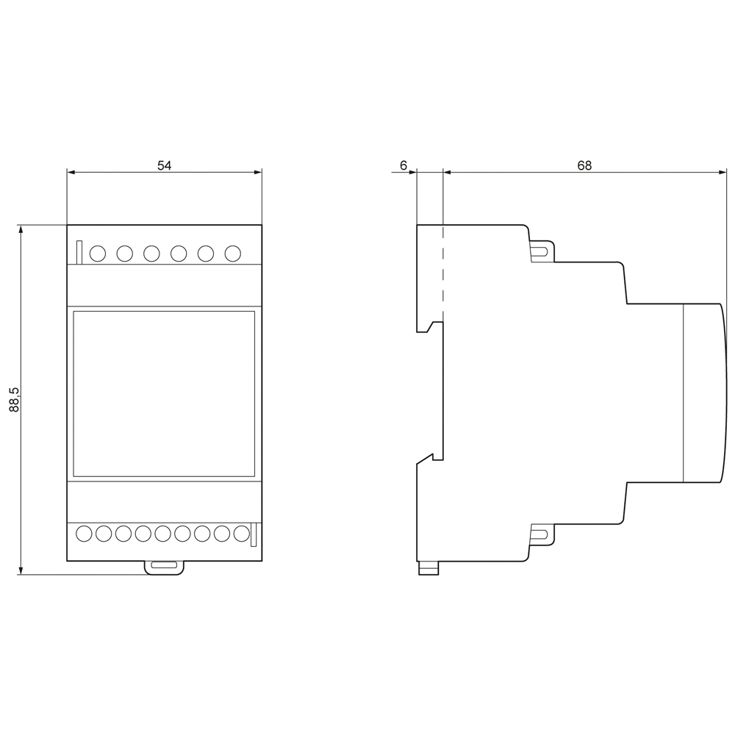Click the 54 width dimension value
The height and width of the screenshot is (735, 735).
pyautogui.click(x=164, y=165)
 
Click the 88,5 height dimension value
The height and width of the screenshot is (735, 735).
pyautogui.click(x=15, y=400)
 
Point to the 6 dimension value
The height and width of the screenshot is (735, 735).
pyautogui.click(x=404, y=165)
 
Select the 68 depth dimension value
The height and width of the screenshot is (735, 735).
pyautogui.click(x=584, y=165)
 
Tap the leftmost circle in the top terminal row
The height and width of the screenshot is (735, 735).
pyautogui.click(x=98, y=254)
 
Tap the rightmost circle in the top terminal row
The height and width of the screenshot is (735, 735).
pyautogui.click(x=233, y=254)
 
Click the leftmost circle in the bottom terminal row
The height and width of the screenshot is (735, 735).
pyautogui.click(x=84, y=534)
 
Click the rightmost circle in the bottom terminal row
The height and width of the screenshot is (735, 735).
pyautogui.click(x=241, y=534)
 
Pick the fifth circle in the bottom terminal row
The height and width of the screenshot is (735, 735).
pyautogui.click(x=162, y=534)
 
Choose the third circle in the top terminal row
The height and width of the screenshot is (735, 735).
pyautogui.click(x=151, y=254)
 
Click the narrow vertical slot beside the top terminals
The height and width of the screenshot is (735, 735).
pyautogui.click(x=79, y=252)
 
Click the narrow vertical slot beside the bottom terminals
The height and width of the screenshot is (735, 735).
pyautogui.click(x=254, y=534)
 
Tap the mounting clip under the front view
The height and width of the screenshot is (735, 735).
pyautogui.click(x=164, y=567)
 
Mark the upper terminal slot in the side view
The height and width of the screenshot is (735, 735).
pyautogui.click(x=539, y=251)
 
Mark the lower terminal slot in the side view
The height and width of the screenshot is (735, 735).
pyautogui.click(x=539, y=535)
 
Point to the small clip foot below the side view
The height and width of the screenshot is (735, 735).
pyautogui.click(x=429, y=569)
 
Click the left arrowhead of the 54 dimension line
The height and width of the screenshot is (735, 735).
pyautogui.click(x=71, y=172)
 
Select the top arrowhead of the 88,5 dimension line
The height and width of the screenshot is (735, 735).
pyautogui.click(x=20, y=229)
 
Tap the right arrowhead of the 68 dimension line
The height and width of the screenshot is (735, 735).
pyautogui.click(x=723, y=172)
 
